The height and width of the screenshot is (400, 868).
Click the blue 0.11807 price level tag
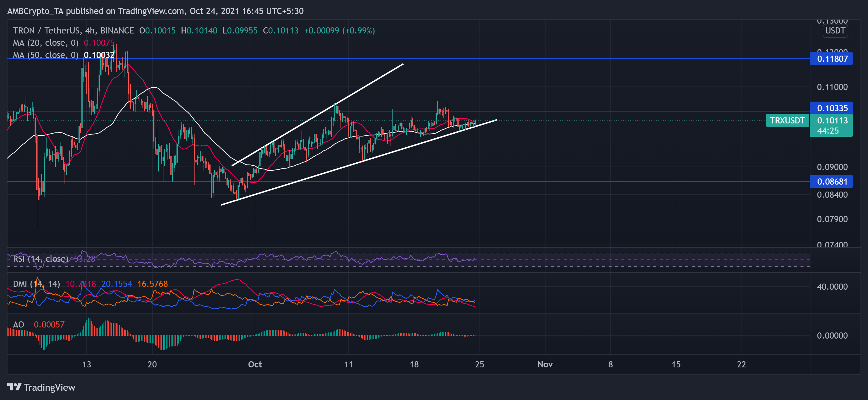(832, 59)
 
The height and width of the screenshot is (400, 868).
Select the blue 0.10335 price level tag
(832, 108)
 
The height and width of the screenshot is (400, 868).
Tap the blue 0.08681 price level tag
(832, 181)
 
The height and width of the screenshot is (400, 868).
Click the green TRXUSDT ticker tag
(787, 121)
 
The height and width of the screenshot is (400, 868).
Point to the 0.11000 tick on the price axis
(832, 87)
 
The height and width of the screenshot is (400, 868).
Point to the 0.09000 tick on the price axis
(832, 167)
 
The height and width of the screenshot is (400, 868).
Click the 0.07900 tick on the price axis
(832, 219)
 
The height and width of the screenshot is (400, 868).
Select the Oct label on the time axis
(255, 364)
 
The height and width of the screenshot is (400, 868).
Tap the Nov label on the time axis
(545, 364)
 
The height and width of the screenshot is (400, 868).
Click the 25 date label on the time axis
(479, 364)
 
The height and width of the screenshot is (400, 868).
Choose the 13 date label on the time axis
(87, 364)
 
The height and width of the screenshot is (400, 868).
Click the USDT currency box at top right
(835, 31)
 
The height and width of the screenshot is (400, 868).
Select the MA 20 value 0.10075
(99, 43)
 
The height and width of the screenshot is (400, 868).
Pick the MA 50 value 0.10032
(99, 55)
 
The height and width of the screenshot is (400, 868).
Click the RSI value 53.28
(85, 259)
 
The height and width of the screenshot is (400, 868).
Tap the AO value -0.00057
(47, 324)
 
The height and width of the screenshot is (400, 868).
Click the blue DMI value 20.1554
(117, 284)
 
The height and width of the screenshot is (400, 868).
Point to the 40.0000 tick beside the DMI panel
(832, 287)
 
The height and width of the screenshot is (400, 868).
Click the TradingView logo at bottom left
(41, 387)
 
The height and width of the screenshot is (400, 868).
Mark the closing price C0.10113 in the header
(281, 31)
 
